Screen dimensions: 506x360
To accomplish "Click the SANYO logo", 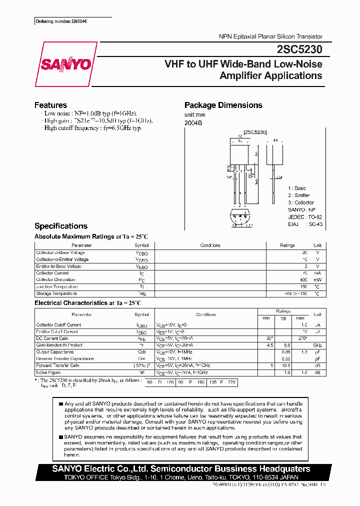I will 66,64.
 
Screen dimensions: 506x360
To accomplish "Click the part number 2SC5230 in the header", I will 299,49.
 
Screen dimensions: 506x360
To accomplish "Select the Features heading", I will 50,105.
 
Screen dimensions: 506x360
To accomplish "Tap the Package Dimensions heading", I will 223,105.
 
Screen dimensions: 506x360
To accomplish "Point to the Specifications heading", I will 60,226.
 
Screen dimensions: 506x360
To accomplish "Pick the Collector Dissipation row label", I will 55,280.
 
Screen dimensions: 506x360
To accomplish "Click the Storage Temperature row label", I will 57,293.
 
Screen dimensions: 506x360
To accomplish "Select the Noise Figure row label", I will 48,372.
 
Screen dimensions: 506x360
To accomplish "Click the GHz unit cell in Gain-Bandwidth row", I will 317,345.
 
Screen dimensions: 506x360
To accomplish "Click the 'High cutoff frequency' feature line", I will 92,128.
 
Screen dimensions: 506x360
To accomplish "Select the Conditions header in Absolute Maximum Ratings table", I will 210,245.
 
